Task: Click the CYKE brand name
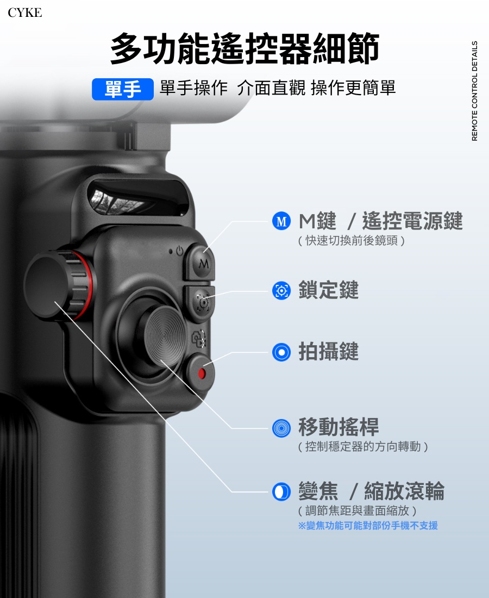coord(24,13)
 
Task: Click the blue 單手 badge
coord(123,89)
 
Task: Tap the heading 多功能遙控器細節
coord(244,49)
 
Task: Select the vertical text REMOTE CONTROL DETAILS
coord(474,91)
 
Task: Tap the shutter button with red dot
coord(201,373)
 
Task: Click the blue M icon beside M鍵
coord(281,222)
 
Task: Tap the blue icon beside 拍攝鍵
coord(281,352)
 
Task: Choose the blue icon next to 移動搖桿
coord(281,427)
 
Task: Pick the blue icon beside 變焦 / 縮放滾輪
coord(281,491)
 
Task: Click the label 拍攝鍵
coord(328,352)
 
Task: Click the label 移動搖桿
coord(338,427)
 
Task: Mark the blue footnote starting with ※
coord(368,526)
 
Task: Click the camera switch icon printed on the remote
coord(199,340)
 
